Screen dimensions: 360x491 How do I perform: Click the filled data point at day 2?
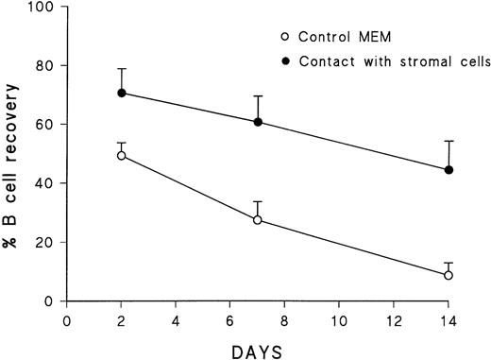[121, 93]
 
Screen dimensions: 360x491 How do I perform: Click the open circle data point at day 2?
[121, 155]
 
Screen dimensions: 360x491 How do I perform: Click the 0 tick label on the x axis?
[67, 320]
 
